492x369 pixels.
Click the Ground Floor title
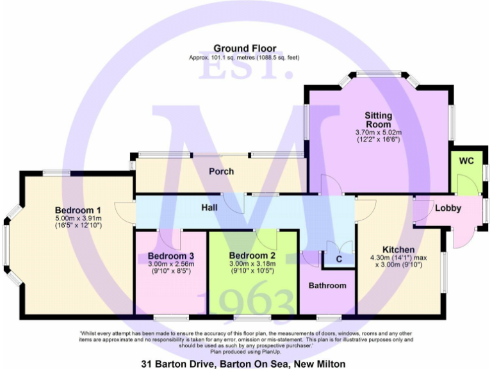tap(245, 48)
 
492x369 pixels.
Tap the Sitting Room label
tap(378, 120)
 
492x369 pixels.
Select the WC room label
tap(466, 161)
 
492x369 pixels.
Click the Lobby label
tap(448, 208)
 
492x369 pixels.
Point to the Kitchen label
tap(398, 249)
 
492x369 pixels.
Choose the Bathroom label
tap(327, 286)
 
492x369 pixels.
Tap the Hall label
tap(209, 208)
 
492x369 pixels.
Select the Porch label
tap(221, 172)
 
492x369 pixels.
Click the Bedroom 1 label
tap(78, 210)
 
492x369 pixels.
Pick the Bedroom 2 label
tap(252, 256)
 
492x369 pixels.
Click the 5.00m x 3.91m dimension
tap(78, 218)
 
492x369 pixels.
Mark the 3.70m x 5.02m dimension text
tap(378, 133)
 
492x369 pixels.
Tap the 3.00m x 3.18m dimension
tap(252, 263)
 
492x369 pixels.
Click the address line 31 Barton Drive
tap(247, 363)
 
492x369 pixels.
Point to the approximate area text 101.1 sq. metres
tap(245, 58)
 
